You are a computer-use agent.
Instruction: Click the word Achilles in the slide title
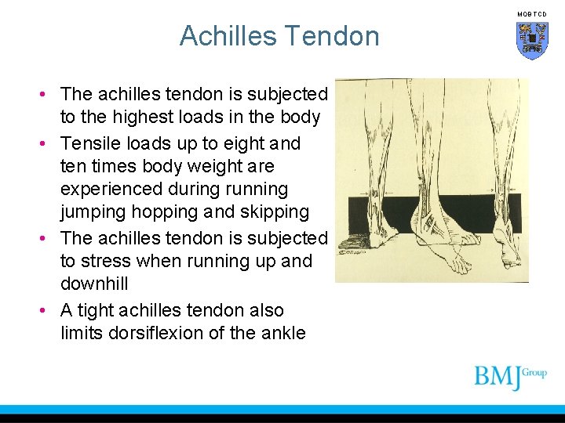tap(228, 36)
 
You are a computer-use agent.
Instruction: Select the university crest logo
tap(531, 40)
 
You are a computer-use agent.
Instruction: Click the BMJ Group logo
tap(509, 377)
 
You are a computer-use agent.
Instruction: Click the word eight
tap(246, 144)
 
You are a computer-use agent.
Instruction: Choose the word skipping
tap(274, 212)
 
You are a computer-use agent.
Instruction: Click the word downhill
tap(93, 284)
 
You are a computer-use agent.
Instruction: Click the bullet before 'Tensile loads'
tap(48, 144)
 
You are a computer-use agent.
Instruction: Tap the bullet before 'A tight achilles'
tap(48, 310)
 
